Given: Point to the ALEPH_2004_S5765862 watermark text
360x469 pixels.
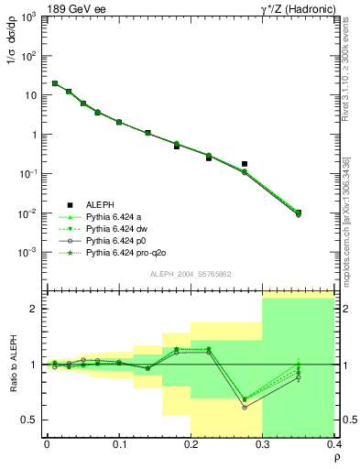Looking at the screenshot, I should click(x=191, y=274).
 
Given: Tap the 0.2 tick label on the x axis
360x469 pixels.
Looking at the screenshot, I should click(x=191, y=443).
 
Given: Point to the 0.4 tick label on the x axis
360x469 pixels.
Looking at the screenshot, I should click(x=333, y=443).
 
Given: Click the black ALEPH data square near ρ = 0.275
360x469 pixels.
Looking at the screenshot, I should click(x=245, y=164).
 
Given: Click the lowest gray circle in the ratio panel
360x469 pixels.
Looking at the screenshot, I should click(x=245, y=407).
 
